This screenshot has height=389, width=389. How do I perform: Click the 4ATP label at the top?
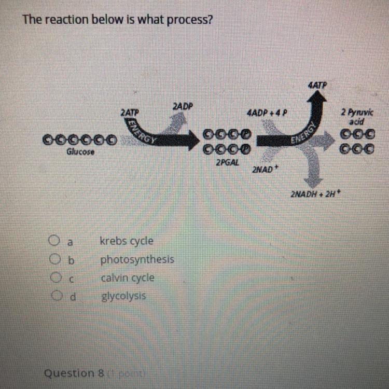tap(317, 84)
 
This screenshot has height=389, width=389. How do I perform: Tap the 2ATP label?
tap(129, 112)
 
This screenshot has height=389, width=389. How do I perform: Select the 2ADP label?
tap(182, 106)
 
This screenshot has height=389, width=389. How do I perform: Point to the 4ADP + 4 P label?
tap(268, 113)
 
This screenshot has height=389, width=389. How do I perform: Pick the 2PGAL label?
tap(226, 163)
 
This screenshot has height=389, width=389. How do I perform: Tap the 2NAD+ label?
tap(263, 169)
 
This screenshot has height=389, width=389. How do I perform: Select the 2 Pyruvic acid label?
tap(353, 116)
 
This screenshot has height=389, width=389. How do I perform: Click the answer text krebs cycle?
tap(127, 241)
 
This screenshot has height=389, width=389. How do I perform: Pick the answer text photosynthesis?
tap(137, 259)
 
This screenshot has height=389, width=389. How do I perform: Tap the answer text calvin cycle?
tap(128, 278)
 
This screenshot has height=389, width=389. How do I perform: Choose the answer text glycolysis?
tap(123, 297)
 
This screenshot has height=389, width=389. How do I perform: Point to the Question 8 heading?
tap(75, 373)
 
